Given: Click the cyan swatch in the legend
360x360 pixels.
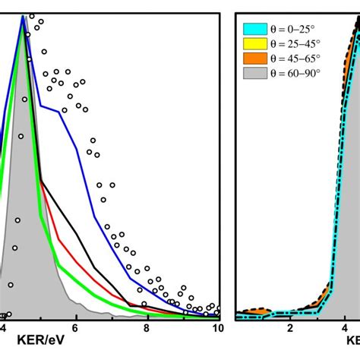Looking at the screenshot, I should click(x=251, y=30).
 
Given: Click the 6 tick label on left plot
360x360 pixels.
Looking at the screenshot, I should click(x=74, y=328).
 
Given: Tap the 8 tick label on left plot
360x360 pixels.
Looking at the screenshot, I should click(x=147, y=328).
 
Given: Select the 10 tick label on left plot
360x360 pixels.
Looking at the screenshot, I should click(x=216, y=328).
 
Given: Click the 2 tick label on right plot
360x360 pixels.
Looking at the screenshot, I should click(x=289, y=328).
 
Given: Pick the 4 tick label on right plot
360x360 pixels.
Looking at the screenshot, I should click(x=346, y=328).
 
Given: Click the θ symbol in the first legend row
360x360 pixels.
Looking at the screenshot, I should click(x=273, y=30).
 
